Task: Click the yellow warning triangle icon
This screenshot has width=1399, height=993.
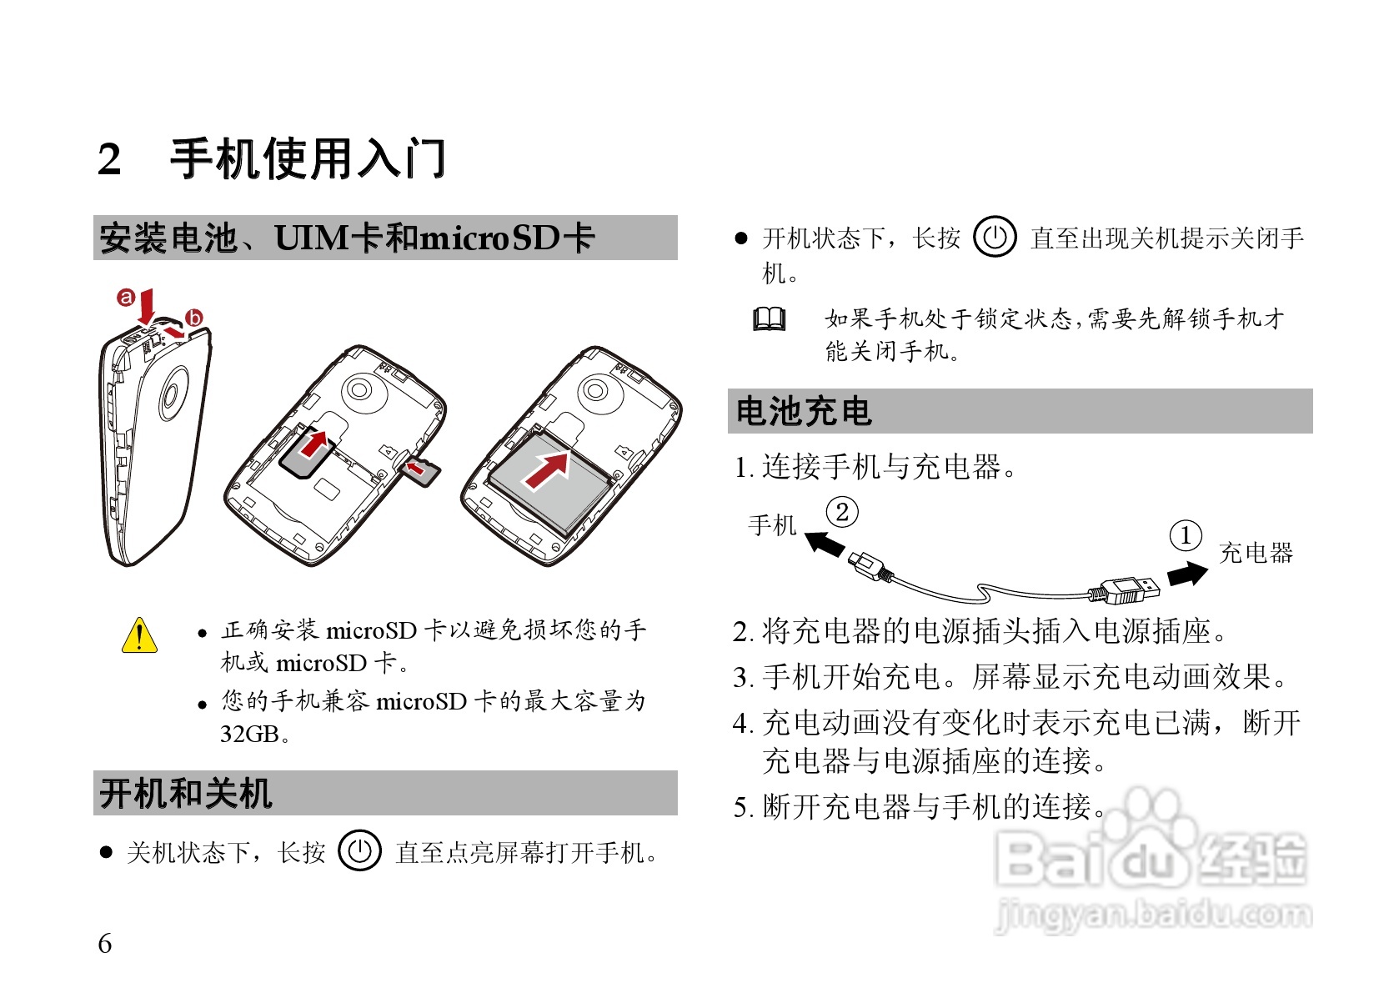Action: [139, 636]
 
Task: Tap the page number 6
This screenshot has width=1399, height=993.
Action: [104, 943]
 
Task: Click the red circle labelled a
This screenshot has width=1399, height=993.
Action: [126, 297]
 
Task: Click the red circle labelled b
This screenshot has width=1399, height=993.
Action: [194, 318]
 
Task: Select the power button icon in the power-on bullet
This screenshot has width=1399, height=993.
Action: [359, 850]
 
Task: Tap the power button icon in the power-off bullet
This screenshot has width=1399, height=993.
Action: [995, 237]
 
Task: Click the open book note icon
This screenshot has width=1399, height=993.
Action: [769, 319]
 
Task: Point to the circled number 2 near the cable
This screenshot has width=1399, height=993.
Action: [842, 512]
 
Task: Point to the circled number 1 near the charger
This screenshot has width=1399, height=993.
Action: [1186, 535]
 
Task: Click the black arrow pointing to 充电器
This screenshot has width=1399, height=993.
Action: [1187, 574]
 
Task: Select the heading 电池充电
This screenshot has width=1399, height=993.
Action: [804, 412]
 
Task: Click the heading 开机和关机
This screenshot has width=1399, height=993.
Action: [186, 793]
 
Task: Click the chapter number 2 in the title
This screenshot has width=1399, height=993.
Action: [109, 159]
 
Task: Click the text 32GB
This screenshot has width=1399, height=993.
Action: [250, 735]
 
